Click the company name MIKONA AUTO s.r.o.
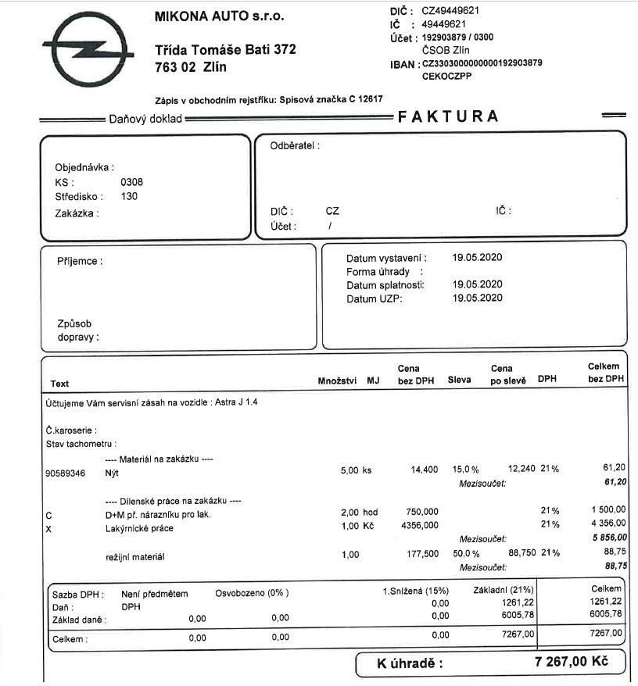[220, 16]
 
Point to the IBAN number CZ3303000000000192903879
[482, 63]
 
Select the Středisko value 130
[129, 196]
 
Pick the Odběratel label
[295, 145]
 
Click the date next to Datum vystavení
[477, 257]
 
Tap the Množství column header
[337, 381]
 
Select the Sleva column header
[459, 381]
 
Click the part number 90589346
[66, 473]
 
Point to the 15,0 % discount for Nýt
[465, 469]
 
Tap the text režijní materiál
[134, 557]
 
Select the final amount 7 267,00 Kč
[571, 663]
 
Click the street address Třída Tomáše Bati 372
[225, 49]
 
